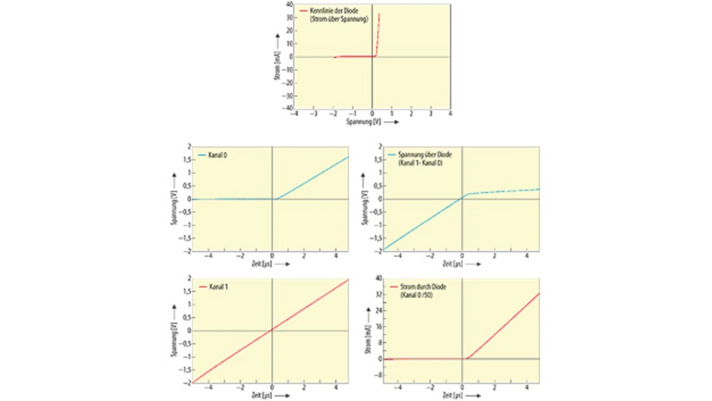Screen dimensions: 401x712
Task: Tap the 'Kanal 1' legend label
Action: click(x=218, y=286)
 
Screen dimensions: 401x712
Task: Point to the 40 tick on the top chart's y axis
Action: click(x=289, y=4)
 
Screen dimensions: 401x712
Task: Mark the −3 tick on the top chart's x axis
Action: click(x=314, y=113)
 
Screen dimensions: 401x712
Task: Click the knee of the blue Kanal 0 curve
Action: click(x=276, y=199)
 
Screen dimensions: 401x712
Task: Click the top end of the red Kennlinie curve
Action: click(x=379, y=14)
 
